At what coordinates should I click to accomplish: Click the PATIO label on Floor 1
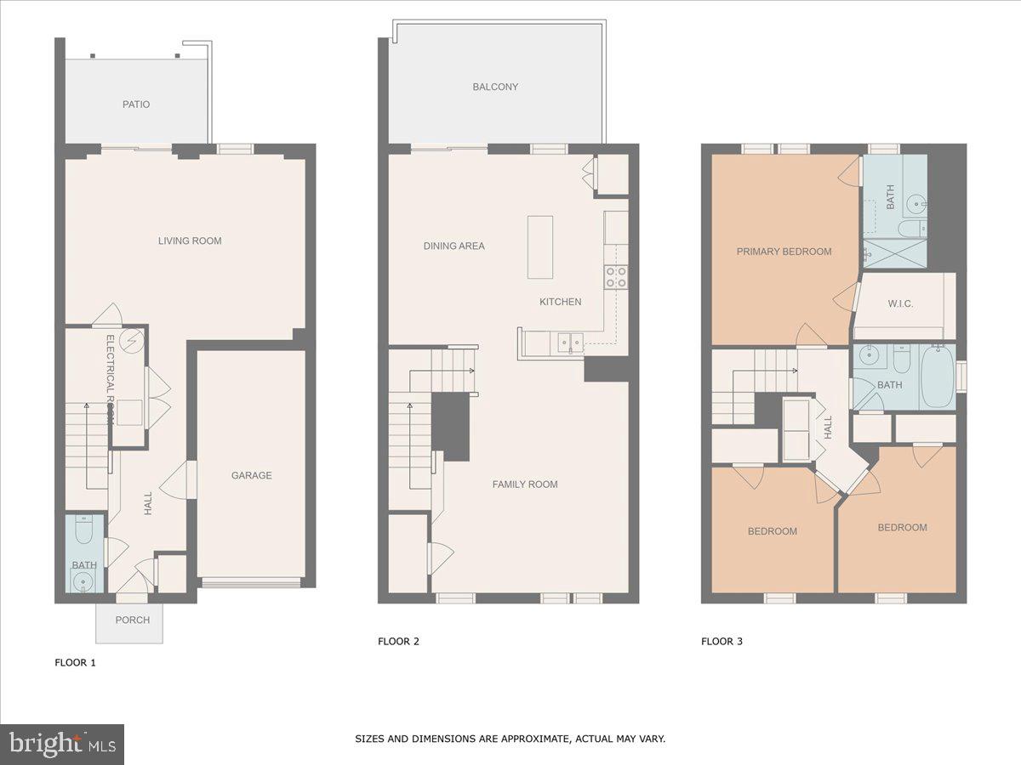(136, 105)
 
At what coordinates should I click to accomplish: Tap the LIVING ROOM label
(190, 241)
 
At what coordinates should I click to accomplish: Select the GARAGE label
(252, 475)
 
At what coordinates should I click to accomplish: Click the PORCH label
(132, 620)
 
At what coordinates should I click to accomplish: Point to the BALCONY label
(495, 87)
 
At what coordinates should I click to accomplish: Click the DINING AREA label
(454, 246)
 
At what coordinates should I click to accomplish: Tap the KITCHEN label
(561, 302)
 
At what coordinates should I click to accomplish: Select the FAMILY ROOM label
(525, 484)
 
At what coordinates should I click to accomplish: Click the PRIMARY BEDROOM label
(784, 252)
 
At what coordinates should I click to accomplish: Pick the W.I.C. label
(900, 303)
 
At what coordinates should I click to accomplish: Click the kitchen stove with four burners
(616, 276)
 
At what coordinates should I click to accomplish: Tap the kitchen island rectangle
(539, 246)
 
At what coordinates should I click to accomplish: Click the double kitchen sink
(570, 343)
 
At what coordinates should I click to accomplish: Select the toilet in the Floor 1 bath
(84, 533)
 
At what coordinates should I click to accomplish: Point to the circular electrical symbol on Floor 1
(132, 342)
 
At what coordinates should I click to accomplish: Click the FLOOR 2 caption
(398, 642)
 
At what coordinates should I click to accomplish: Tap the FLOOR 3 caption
(722, 642)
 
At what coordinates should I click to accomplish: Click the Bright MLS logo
(63, 745)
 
